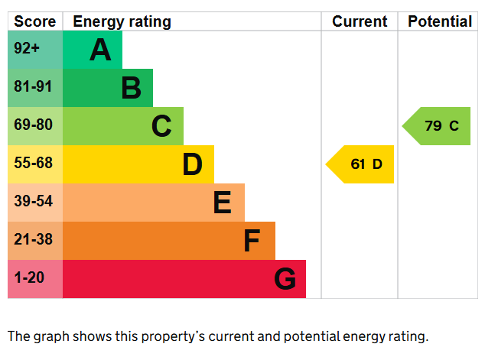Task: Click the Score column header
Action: click(35, 21)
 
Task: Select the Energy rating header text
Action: click(122, 22)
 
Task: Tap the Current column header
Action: click(360, 21)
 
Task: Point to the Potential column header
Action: click(440, 21)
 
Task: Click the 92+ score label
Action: click(27, 48)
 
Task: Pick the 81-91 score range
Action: click(33, 86)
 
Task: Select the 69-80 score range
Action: click(33, 125)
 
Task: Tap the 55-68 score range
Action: click(33, 163)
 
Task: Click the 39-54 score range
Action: click(33, 201)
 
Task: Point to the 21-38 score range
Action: click(33, 239)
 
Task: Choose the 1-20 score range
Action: click(29, 277)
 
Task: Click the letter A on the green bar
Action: click(100, 50)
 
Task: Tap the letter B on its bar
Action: click(131, 88)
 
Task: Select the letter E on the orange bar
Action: click(223, 203)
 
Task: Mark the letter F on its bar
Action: click(252, 241)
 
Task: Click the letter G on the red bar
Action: click(285, 279)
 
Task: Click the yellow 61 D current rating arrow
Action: click(360, 164)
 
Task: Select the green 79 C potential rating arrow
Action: click(436, 126)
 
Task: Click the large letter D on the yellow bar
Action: click(192, 164)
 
